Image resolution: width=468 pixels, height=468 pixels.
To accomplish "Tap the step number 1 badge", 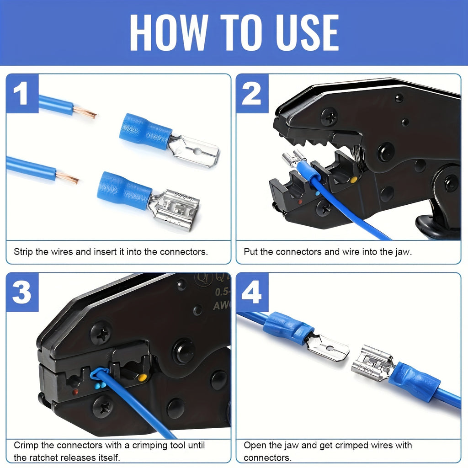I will coord(21,95).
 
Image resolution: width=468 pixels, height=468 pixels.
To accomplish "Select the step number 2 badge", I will coord(251,95).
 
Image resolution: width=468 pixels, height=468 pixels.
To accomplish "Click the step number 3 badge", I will coord(21,292).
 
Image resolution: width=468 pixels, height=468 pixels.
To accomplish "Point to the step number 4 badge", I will coord(251,292).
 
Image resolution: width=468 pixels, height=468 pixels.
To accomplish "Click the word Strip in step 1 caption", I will coord(23,252).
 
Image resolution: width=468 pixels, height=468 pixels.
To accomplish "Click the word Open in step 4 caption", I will coord(253,445).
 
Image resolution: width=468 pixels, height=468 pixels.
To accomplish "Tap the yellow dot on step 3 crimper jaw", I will coord(143,378).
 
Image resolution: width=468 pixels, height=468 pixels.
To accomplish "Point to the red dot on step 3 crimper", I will coord(75,392).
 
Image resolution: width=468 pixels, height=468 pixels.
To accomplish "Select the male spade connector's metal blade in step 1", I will coord(194,151).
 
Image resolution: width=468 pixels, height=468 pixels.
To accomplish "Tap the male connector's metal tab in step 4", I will coord(327,347).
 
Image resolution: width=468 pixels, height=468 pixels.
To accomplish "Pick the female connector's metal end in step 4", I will coord(372,363).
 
